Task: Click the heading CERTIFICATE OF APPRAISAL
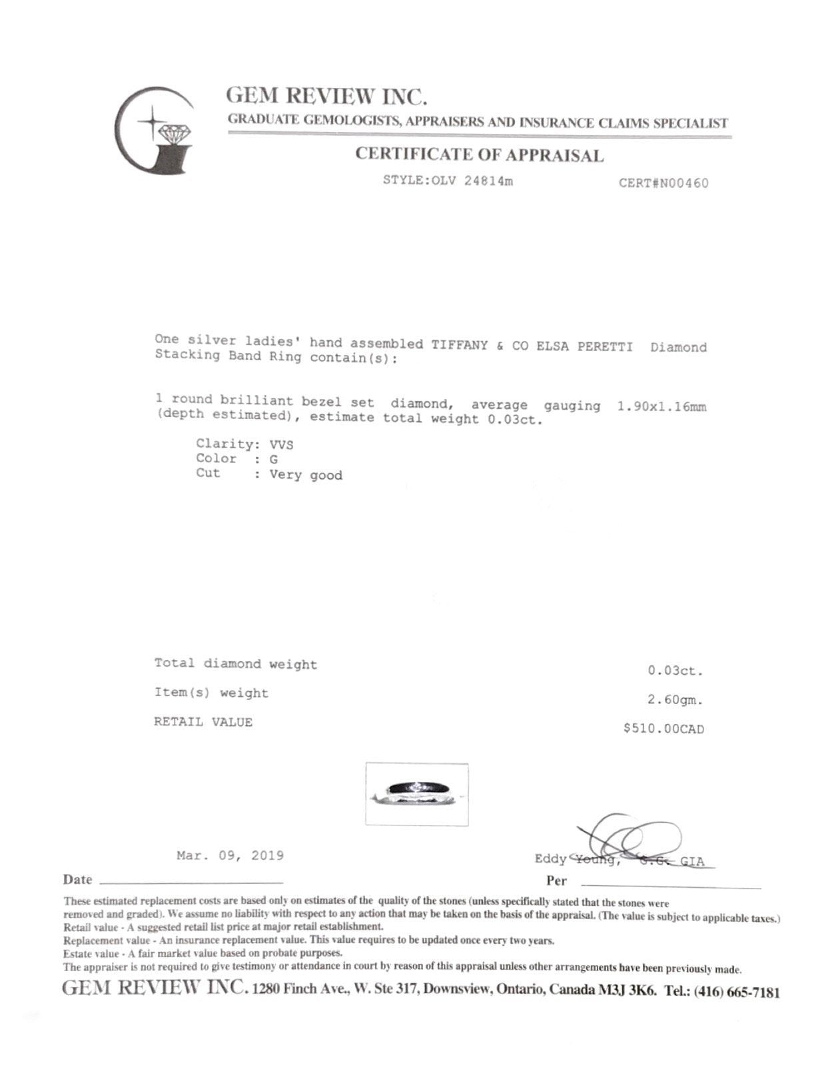point(479,155)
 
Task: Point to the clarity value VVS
point(281,444)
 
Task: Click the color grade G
point(274,459)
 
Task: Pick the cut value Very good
point(306,475)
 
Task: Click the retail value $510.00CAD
point(663,729)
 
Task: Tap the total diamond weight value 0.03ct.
point(675,671)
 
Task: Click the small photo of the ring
point(416,794)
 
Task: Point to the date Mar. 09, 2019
point(230,856)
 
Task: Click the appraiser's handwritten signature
point(630,841)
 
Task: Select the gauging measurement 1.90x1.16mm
point(661,406)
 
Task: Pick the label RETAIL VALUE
point(203,722)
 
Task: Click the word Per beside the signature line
point(556,881)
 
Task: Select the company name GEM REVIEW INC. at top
point(326,97)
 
